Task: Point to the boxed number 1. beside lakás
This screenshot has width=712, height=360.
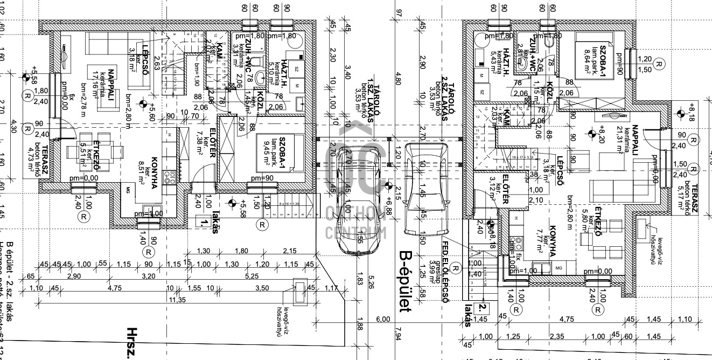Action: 202,221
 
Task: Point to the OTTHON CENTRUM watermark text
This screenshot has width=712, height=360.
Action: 355,221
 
